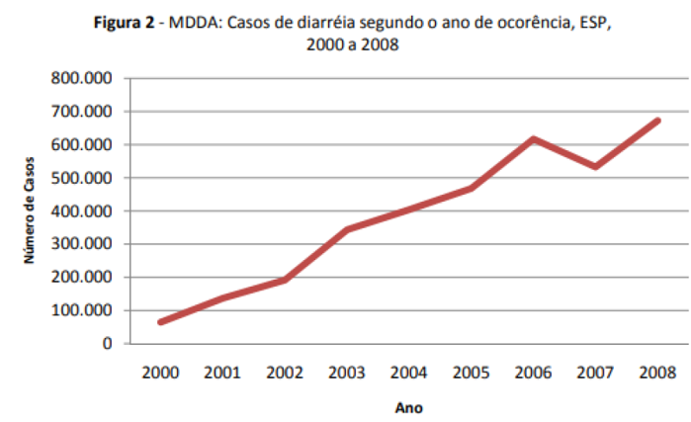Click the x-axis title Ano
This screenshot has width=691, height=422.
(x=409, y=405)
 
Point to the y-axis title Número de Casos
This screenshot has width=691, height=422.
(x=31, y=210)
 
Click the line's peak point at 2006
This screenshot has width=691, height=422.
(x=534, y=139)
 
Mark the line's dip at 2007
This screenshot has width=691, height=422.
(x=596, y=166)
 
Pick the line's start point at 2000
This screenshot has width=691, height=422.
(x=160, y=321)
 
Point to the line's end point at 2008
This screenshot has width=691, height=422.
(x=658, y=121)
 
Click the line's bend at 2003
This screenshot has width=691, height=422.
(x=347, y=229)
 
